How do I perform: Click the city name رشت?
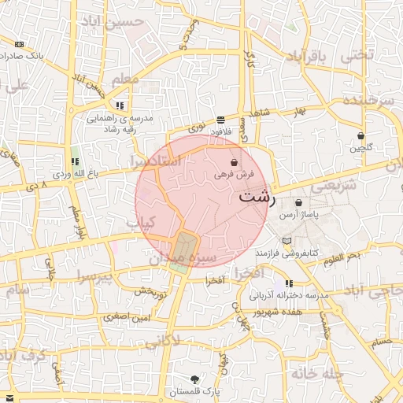pos(257,197)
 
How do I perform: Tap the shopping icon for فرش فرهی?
pos(235,161)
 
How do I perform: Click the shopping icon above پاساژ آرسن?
pos(298,202)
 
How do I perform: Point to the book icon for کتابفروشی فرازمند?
pos(286,240)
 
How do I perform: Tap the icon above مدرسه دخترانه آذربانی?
pos(290,283)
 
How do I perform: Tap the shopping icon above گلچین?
pos(360,135)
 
